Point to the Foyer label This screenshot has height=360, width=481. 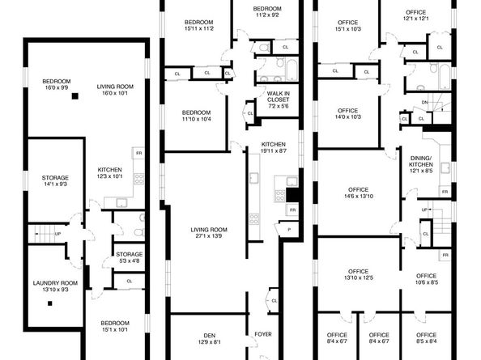pyautogui.click(x=262, y=334)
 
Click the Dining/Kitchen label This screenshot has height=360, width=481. pyautogui.click(x=420, y=166)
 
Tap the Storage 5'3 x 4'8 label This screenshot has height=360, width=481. pyautogui.click(x=129, y=257)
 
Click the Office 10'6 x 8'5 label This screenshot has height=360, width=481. pyautogui.click(x=427, y=279)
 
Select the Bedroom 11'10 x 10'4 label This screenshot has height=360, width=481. pyautogui.click(x=197, y=116)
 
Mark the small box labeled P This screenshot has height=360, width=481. pyautogui.click(x=289, y=230)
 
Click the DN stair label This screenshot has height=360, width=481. pyautogui.click(x=425, y=103)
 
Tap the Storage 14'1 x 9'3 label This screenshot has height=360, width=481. pyautogui.click(x=55, y=181)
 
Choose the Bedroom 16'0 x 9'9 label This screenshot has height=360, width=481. pyautogui.click(x=57, y=84)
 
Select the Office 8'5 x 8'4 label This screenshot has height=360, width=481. pyautogui.click(x=426, y=337)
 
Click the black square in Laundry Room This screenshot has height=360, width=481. pyautogui.click(x=49, y=305)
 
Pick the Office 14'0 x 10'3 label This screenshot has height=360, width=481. pyautogui.click(x=347, y=113)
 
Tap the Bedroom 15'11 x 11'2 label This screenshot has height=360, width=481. pyautogui.click(x=198, y=24)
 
